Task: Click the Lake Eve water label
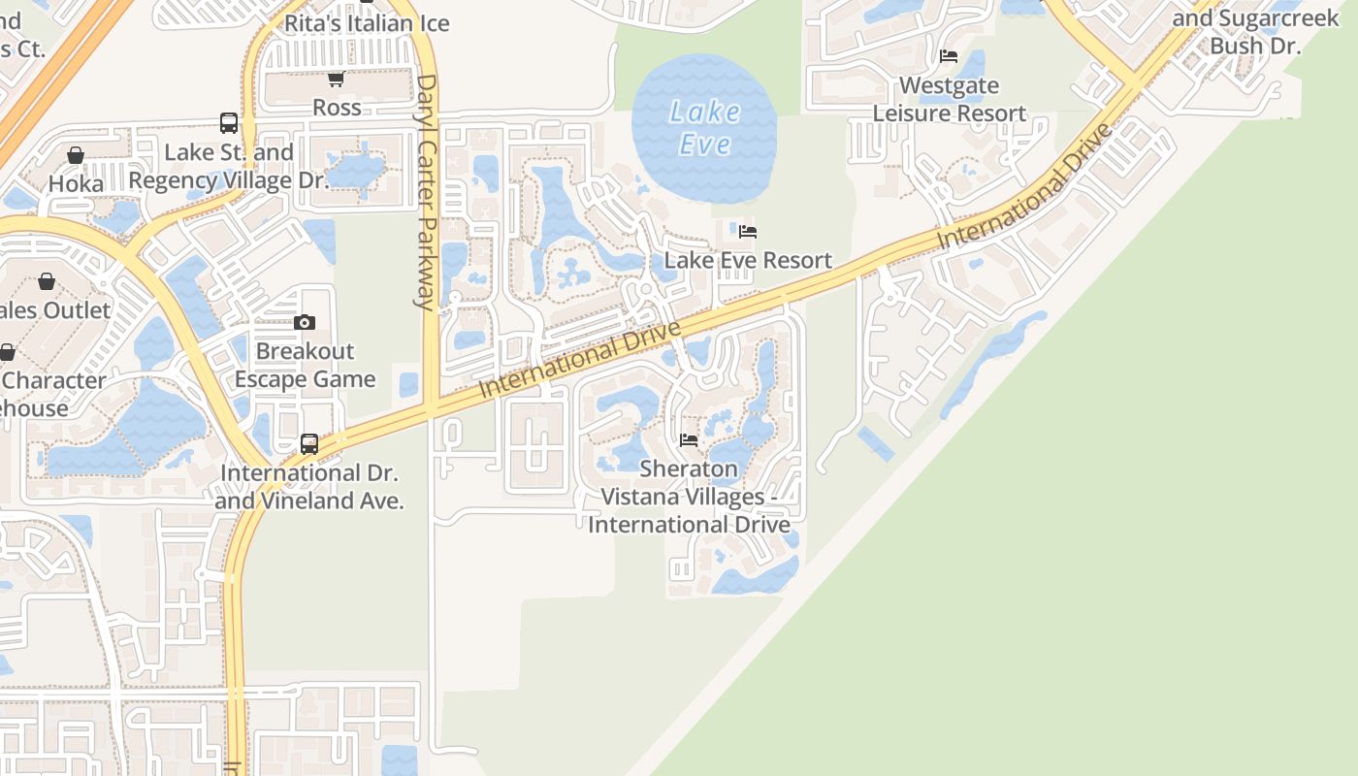tap(704, 128)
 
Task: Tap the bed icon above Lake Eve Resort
tap(748, 232)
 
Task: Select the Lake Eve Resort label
tap(748, 260)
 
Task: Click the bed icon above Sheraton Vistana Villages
tap(689, 440)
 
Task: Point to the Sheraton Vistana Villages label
tap(689, 497)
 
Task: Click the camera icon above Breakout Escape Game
tap(305, 323)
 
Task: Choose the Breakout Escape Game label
tap(305, 365)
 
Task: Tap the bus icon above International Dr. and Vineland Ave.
tap(309, 444)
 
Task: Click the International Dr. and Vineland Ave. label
tap(309, 487)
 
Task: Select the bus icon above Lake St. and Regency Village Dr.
tap(229, 123)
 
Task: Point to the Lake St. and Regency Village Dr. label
tap(229, 166)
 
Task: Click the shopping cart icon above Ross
tap(336, 80)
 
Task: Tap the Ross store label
tap(337, 107)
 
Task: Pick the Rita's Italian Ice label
tap(367, 23)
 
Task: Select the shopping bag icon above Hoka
tap(75, 155)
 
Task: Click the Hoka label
tap(75, 183)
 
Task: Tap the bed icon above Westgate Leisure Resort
tap(949, 56)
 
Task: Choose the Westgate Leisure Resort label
tap(949, 99)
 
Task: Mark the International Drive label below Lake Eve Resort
tap(579, 359)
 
